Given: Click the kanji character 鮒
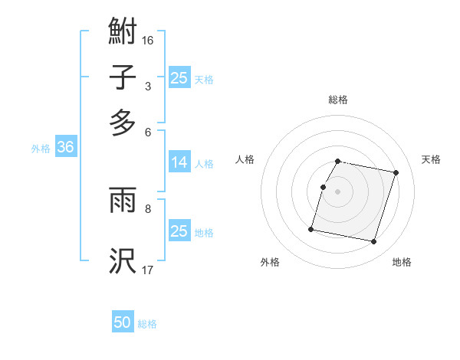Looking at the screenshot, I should point(123,32).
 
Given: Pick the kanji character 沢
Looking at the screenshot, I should point(123,261).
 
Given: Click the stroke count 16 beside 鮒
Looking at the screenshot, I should point(148,39).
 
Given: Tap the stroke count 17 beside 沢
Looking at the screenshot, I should point(148,269).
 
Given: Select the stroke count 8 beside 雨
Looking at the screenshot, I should point(148,207).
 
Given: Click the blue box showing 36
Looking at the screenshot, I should point(65,148).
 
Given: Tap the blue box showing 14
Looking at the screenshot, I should point(179,162).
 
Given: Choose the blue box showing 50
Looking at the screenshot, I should point(123,323).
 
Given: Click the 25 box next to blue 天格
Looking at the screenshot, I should point(179,78).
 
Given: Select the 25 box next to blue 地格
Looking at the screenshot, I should point(179,231).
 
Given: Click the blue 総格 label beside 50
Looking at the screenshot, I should point(147,324).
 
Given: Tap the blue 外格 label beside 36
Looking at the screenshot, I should point(41,149).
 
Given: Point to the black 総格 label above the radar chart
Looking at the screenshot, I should point(338,100).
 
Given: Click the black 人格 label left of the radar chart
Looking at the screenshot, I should point(245,159).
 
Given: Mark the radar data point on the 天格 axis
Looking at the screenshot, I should point(396,173).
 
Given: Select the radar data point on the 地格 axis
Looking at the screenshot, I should point(373,242).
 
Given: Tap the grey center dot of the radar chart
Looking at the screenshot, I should point(338,191).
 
